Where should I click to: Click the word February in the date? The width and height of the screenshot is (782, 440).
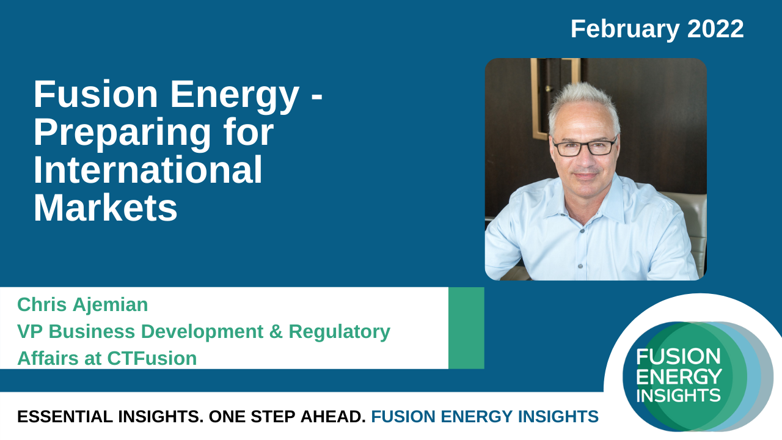(x=625, y=30)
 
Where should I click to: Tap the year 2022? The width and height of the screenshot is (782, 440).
(x=715, y=29)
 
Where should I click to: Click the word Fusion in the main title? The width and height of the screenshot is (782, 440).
(x=96, y=94)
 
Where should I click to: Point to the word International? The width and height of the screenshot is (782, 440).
(x=148, y=170)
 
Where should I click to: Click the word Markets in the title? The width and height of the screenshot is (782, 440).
(x=106, y=208)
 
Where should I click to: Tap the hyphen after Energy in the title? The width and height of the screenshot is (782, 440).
(x=316, y=98)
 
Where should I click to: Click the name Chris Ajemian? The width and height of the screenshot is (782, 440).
(x=82, y=305)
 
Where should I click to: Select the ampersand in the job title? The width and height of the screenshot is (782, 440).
(x=276, y=331)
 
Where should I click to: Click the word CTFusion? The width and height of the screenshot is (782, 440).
(x=152, y=358)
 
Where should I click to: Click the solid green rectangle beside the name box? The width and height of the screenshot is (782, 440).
(x=466, y=328)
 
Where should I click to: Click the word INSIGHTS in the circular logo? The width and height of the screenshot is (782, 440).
(x=678, y=395)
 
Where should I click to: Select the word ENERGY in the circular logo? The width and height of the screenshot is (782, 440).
(x=679, y=376)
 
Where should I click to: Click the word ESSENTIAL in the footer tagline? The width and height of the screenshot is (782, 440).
(x=65, y=417)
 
